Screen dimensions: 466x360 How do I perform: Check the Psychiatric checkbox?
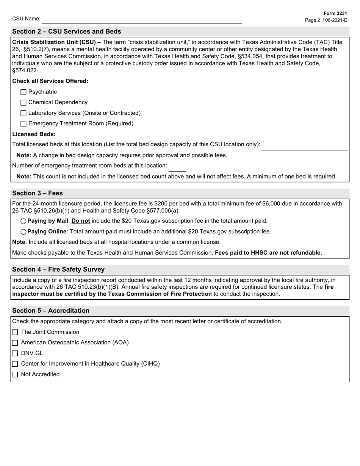point(23,92)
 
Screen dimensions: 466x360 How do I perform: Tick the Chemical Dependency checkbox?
point(23,103)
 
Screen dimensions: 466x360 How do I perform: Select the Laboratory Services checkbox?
point(23,113)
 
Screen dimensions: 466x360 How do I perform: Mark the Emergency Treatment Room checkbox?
point(23,124)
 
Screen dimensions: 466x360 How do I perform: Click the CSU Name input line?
point(142,20)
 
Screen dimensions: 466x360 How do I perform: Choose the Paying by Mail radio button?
point(23,221)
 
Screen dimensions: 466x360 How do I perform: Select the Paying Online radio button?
point(23,232)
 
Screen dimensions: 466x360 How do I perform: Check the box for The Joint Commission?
point(15,332)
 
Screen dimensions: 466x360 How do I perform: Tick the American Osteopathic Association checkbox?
point(15,343)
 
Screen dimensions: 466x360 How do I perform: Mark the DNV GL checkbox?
point(15,353)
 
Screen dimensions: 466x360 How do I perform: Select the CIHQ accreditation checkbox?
point(15,364)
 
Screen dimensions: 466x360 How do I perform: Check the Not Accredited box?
point(15,375)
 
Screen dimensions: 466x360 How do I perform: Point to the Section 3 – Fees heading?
point(38,193)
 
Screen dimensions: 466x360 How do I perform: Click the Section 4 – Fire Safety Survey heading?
point(58,269)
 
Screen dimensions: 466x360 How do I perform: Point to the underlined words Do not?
point(81,221)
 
